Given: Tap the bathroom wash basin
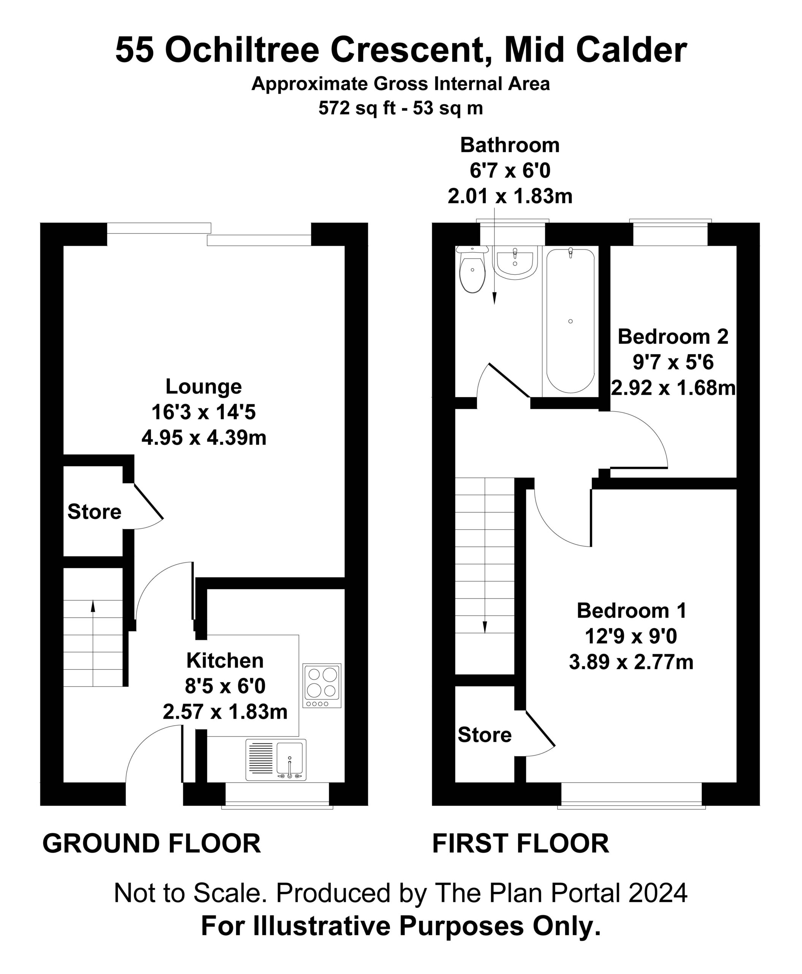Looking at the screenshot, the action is coord(515,262).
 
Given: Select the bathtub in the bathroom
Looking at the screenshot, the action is coord(571,321).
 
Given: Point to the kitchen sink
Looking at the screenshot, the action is coord(276,760).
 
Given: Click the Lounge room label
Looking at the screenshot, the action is coord(204,386).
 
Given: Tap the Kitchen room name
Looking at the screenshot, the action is coord(225,660).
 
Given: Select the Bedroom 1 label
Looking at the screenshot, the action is coord(632,611).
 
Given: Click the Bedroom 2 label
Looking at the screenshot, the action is coord(673,336).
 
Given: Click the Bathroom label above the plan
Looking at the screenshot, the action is coord(510,145).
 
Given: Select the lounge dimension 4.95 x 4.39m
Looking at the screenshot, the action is coord(204,438).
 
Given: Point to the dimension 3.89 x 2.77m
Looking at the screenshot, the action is coord(632,662).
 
